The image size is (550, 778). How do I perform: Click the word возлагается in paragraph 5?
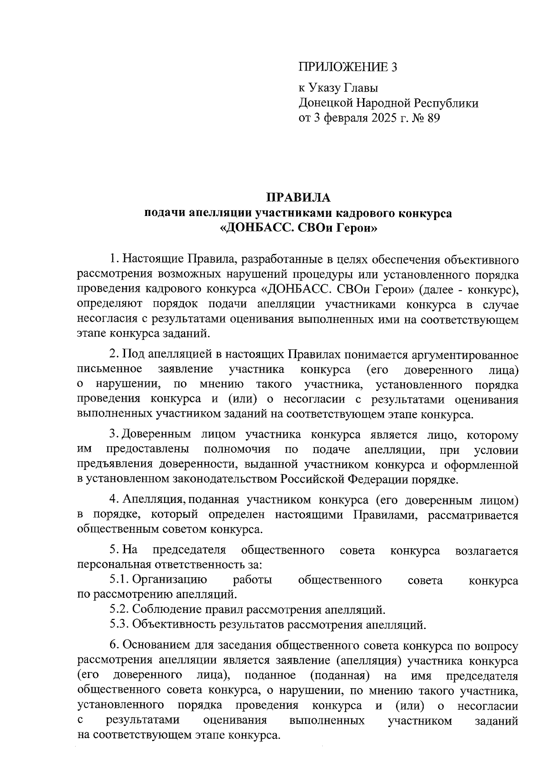[x=487, y=551]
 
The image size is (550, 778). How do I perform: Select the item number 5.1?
[x=119, y=580]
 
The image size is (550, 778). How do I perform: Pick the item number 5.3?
[x=119, y=624]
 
